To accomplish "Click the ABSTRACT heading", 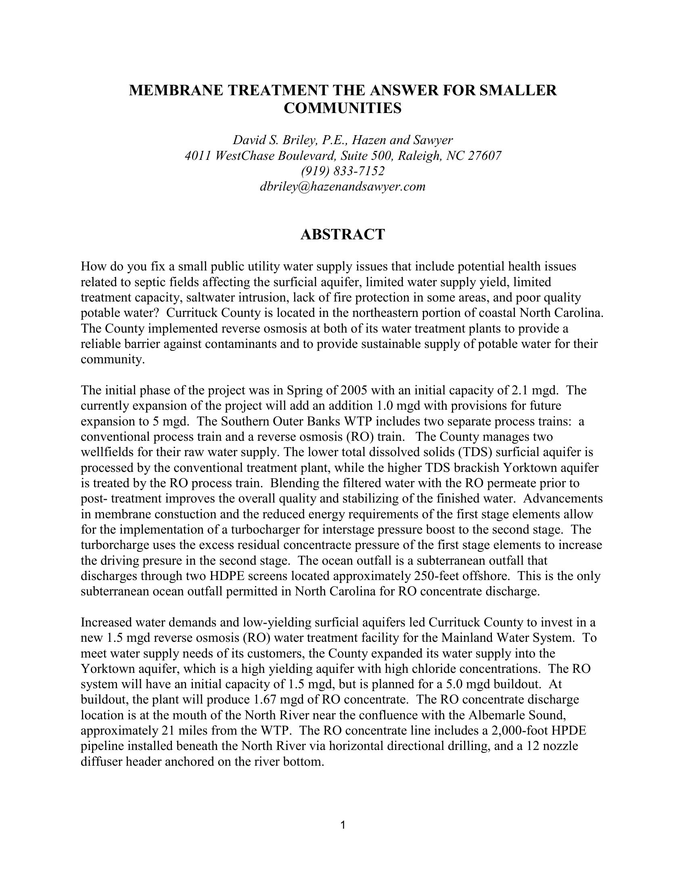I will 343,235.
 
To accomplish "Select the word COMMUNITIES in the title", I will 343,109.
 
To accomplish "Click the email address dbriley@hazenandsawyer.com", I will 343,186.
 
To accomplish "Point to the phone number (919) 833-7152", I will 343,171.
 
